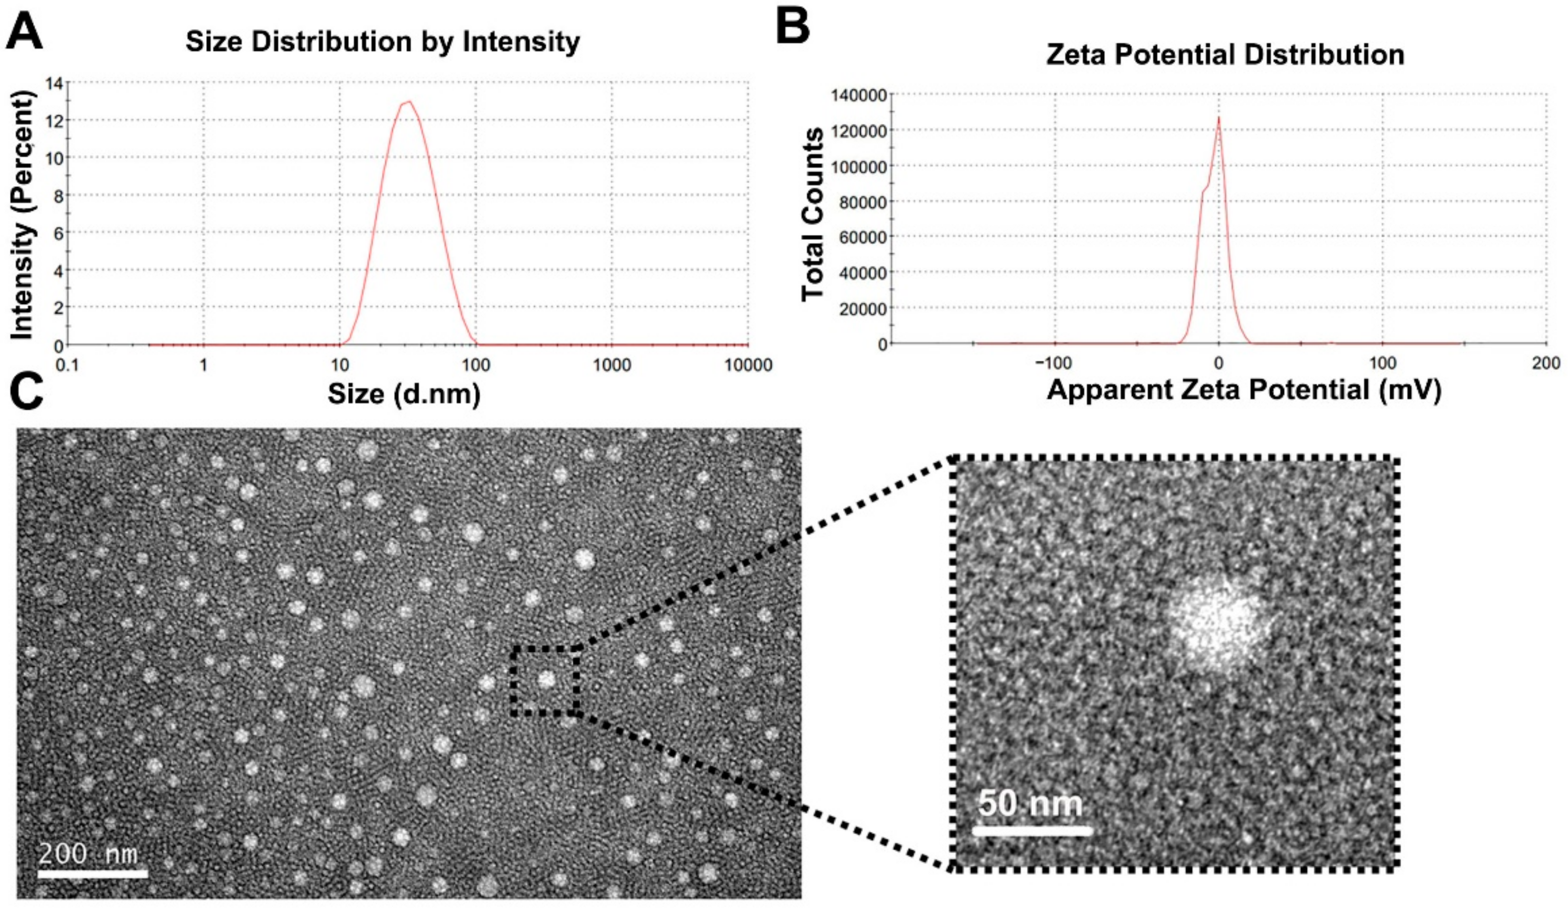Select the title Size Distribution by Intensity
coord(383,42)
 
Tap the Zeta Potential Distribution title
coord(1225,55)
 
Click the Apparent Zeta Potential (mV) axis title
coord(1244,390)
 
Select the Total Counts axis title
coord(812,214)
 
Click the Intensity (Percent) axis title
coord(22,214)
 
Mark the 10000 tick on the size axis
coord(748,365)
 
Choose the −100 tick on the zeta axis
coord(1053,363)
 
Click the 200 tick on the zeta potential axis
coord(1546,363)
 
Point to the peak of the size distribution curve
coord(408,102)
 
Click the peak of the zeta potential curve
coord(1219,117)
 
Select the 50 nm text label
coord(1030,804)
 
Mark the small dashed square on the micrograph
coord(545,681)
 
